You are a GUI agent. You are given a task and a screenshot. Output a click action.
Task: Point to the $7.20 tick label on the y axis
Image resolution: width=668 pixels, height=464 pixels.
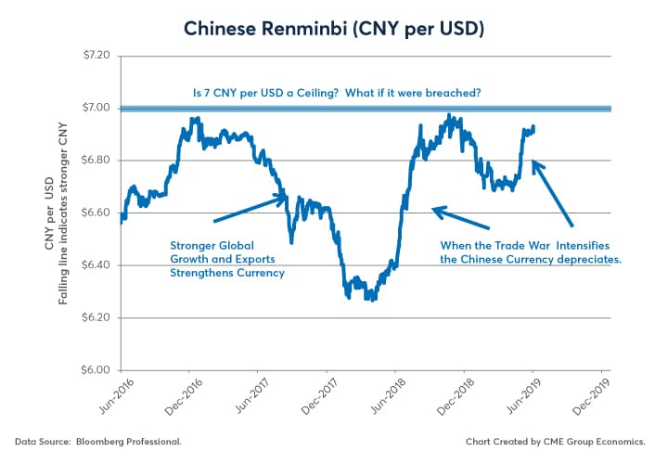(x=96, y=56)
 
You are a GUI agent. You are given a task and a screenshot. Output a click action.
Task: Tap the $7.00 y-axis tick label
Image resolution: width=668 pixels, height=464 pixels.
(x=96, y=109)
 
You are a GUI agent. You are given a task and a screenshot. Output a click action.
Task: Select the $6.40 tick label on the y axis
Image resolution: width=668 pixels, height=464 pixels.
(x=96, y=265)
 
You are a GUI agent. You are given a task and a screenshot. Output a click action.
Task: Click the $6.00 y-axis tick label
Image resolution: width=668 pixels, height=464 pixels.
(x=96, y=370)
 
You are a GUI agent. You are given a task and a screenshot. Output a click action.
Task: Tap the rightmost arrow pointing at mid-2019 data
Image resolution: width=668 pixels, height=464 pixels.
(x=554, y=195)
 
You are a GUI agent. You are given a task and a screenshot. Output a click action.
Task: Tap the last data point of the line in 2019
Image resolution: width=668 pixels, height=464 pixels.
(x=533, y=127)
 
